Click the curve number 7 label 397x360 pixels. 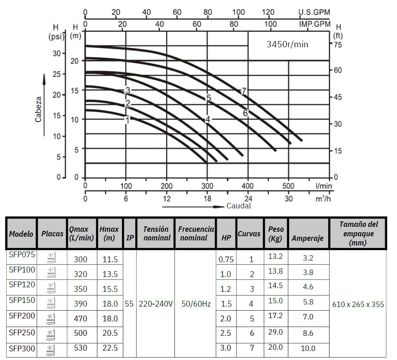[x=244, y=91]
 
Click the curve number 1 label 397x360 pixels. [x=127, y=120]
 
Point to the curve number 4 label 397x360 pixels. [x=208, y=120]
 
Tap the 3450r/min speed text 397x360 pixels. [x=287, y=44]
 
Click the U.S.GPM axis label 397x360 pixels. [x=314, y=12]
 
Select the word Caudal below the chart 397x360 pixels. [x=239, y=205]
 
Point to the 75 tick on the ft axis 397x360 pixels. [x=337, y=45]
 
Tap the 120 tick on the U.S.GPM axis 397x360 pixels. [x=268, y=12]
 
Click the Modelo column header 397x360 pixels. [x=21, y=233]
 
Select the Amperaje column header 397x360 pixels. [x=308, y=238]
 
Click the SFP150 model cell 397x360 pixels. [x=22, y=300]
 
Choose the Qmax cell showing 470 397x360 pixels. [x=80, y=318]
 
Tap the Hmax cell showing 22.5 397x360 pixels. [x=110, y=348]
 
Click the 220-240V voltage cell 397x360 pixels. [x=156, y=304]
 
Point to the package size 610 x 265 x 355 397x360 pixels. [x=358, y=304]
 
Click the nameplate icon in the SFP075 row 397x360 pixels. [x=52, y=258]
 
